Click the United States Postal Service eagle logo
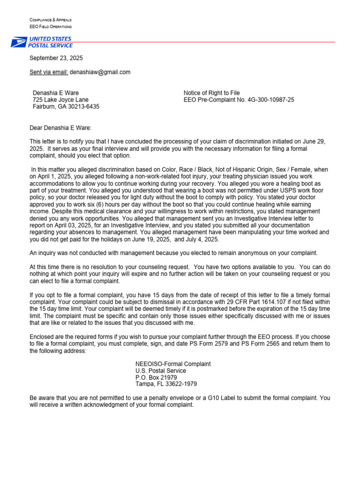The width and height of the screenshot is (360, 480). point(20,42)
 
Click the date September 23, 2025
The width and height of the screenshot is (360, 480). point(56,59)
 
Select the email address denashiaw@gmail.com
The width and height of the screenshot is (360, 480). point(100,72)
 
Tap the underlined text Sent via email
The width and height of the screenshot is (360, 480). point(49,72)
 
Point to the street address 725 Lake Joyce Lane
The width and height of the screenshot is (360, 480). point(60,100)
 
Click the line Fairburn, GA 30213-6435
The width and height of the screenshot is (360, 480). point(66,106)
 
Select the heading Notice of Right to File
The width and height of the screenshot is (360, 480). point(211,93)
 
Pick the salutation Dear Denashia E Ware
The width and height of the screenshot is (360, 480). point(61,127)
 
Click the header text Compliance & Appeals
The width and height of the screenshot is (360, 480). point(51,20)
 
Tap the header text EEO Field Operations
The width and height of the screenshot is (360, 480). point(51,27)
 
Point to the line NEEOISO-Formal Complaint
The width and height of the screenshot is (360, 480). point(173,364)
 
